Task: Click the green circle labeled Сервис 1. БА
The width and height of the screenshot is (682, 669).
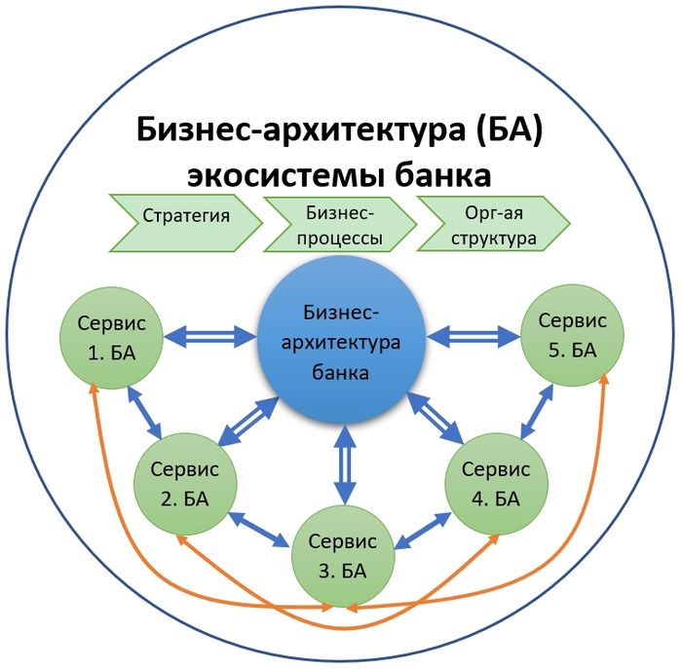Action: coord(109,337)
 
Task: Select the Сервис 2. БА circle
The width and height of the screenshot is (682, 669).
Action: coord(185,483)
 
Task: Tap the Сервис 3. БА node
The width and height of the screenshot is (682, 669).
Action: coord(341,555)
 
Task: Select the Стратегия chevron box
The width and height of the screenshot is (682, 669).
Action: coord(186,215)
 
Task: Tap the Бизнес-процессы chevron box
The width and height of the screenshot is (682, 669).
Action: coord(340,223)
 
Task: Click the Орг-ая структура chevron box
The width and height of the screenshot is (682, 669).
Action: coord(495,223)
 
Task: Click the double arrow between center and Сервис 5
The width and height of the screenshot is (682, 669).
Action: coord(474,337)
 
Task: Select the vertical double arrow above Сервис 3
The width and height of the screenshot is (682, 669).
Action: coord(341,465)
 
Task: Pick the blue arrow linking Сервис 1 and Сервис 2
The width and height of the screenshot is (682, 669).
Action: coord(146,411)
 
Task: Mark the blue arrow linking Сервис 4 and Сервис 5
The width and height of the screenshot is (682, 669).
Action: coord(534,411)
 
